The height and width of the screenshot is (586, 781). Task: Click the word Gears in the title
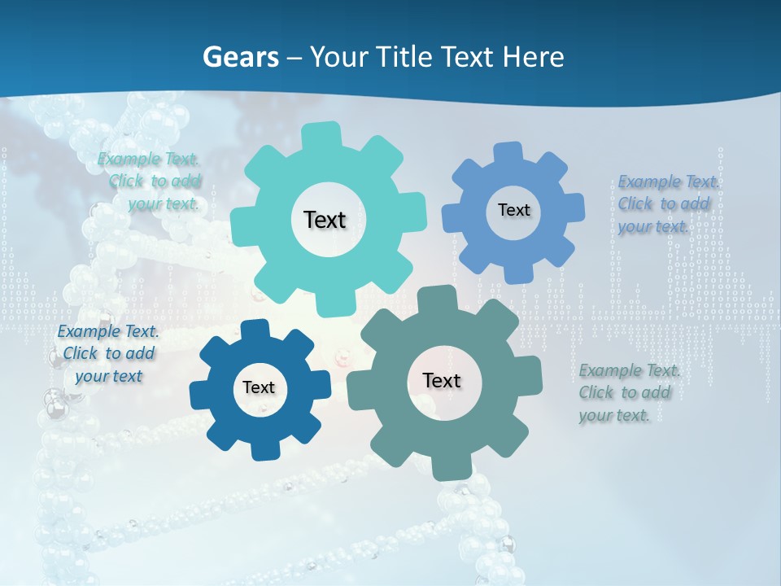pos(241,57)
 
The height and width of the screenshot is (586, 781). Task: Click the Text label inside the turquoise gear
pos(325,220)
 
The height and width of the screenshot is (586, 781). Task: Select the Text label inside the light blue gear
pos(513,210)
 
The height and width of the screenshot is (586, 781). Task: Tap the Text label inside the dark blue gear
pos(259,387)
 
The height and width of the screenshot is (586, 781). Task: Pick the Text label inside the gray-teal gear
pos(442,380)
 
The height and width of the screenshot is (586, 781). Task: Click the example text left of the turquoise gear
pos(150,181)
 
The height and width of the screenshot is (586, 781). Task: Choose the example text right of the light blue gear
pos(668,204)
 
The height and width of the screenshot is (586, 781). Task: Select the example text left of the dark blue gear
pos(108,353)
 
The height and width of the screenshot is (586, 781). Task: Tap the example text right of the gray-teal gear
pos(629,393)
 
